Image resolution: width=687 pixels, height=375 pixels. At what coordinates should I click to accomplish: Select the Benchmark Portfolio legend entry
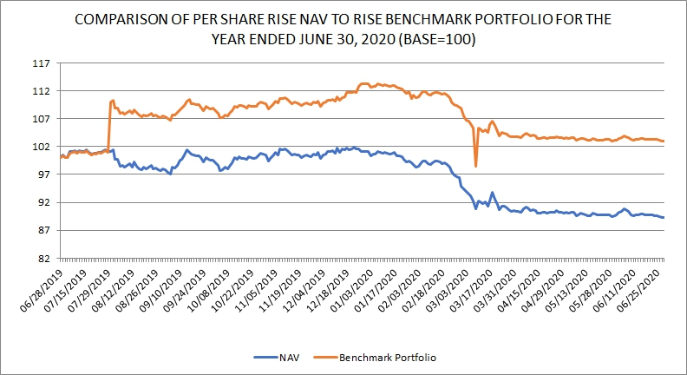pyautogui.click(x=385, y=357)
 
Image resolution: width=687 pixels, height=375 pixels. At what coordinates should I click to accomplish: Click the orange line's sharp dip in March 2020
pyautogui.click(x=476, y=166)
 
